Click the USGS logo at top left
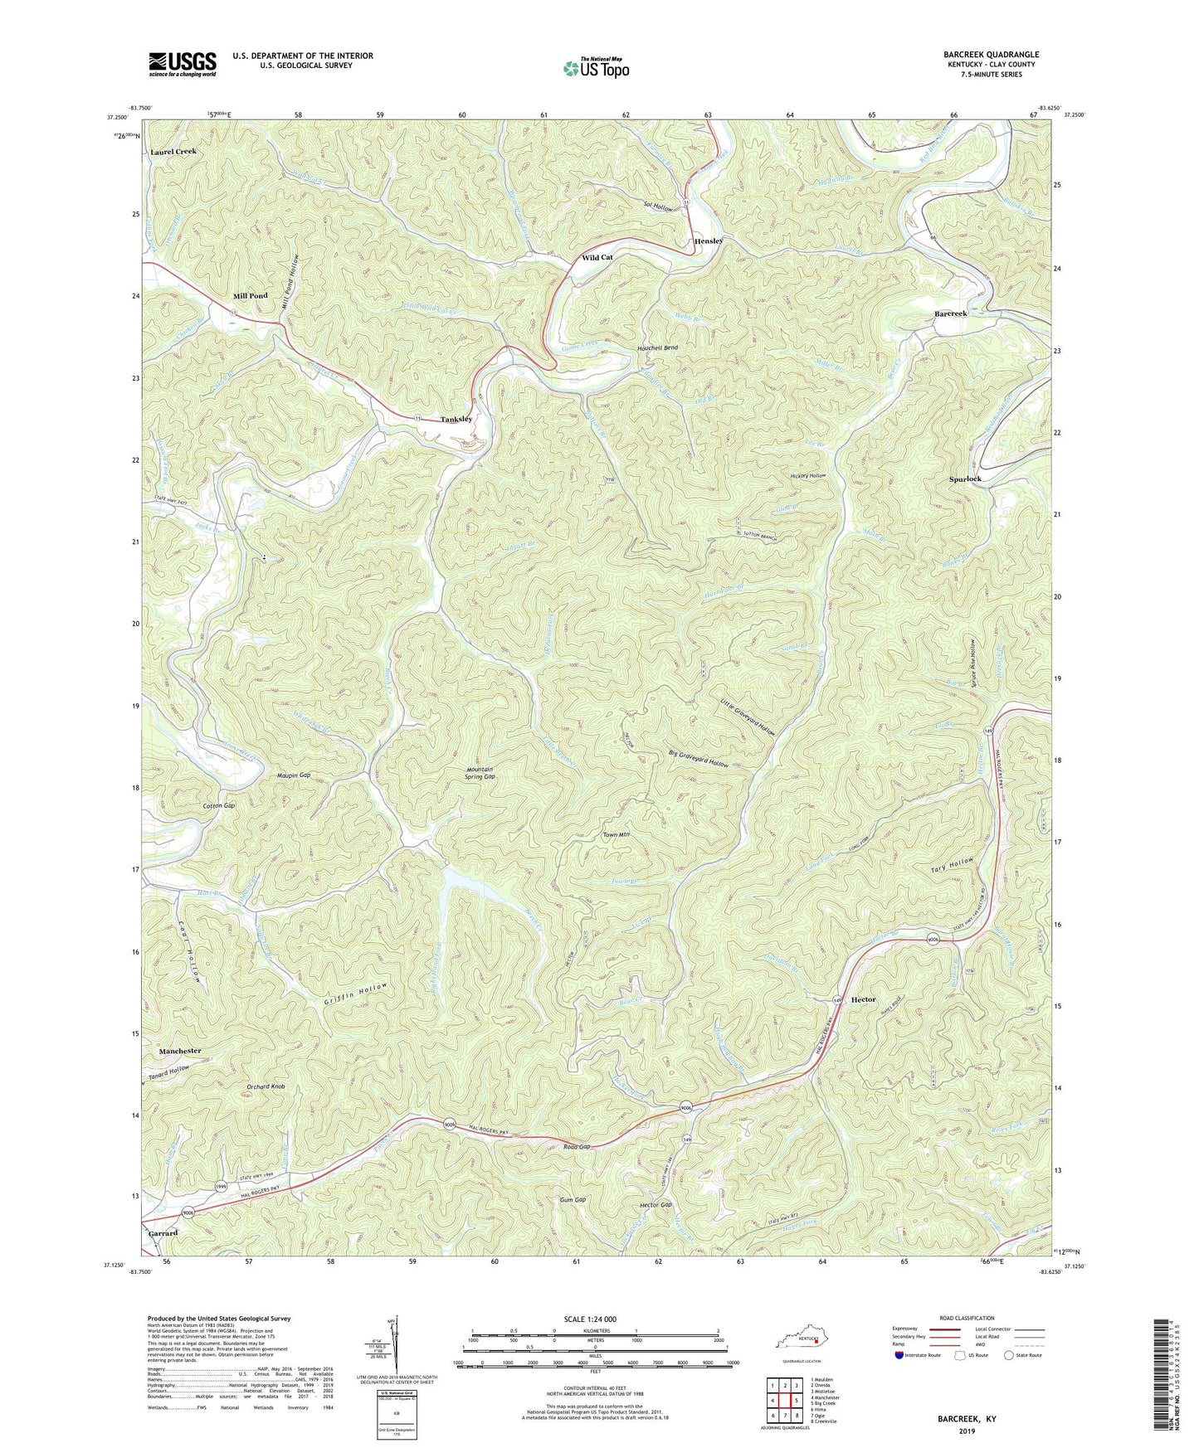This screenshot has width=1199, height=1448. point(183,64)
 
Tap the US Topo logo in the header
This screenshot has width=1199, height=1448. point(595,67)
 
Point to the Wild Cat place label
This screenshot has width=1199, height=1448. point(597,258)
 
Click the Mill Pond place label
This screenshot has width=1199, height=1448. point(250,296)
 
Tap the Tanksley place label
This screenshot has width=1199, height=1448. point(456,419)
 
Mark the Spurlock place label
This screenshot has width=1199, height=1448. point(965,479)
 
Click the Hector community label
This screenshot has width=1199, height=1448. point(863,999)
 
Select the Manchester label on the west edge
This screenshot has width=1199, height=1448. point(180,1051)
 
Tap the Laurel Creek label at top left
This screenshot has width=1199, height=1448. point(173,152)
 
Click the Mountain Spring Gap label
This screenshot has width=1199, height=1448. point(480,773)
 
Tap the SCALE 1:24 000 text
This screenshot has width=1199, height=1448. point(590,1319)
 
